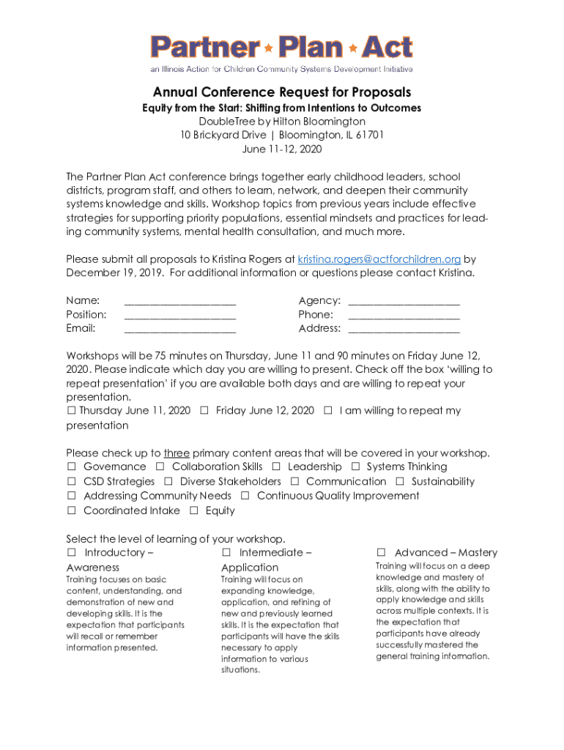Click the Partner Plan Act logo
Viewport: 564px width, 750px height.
click(x=282, y=49)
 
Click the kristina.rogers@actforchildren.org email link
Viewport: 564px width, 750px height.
click(x=379, y=259)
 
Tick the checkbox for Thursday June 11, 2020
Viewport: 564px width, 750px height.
click(x=72, y=411)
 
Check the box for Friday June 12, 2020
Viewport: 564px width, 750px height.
click(x=204, y=411)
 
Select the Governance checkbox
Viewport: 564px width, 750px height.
click(x=72, y=467)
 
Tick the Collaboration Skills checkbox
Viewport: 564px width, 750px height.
click(x=160, y=467)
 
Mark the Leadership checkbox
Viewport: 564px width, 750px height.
click(x=276, y=467)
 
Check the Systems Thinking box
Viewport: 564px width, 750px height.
click(x=355, y=467)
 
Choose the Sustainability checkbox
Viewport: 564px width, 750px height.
click(x=400, y=482)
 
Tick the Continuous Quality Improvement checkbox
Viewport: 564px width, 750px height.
click(x=245, y=497)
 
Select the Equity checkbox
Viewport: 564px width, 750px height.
click(x=194, y=511)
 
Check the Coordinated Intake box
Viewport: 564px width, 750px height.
click(x=72, y=511)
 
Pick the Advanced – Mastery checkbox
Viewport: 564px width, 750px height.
click(x=381, y=553)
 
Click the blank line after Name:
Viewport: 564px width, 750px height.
click(x=180, y=302)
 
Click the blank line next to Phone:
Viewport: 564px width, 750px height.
click(x=404, y=316)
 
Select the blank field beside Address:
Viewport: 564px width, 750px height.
click(x=404, y=330)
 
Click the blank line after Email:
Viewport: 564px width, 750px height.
click(x=180, y=330)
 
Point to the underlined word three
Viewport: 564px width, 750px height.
click(x=177, y=453)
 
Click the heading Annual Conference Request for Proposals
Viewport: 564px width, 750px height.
click(x=282, y=92)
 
